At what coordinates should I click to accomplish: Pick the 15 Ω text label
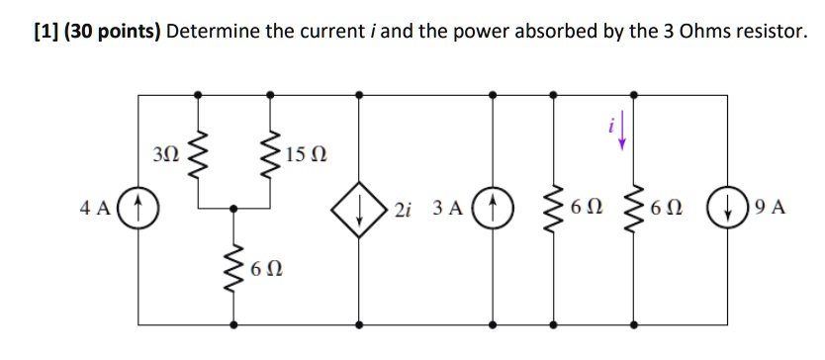coord(306,155)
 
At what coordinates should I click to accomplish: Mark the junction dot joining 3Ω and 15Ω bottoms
coord(233,209)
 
